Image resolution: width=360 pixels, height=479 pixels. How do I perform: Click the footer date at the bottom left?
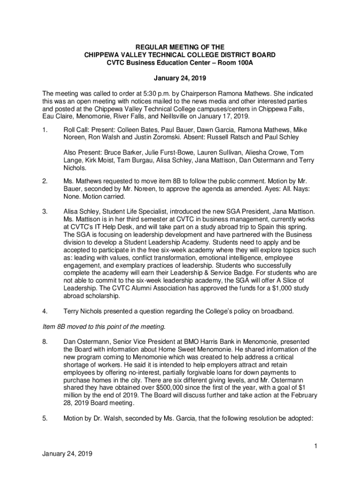tap(67, 454)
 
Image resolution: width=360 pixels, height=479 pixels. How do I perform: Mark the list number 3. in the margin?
tap(44, 211)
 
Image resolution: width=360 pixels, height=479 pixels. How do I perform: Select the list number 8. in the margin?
tap(44, 341)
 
